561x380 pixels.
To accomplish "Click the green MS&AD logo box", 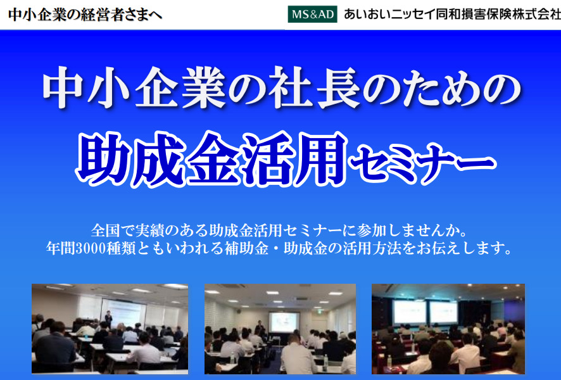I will click(x=312, y=14).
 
